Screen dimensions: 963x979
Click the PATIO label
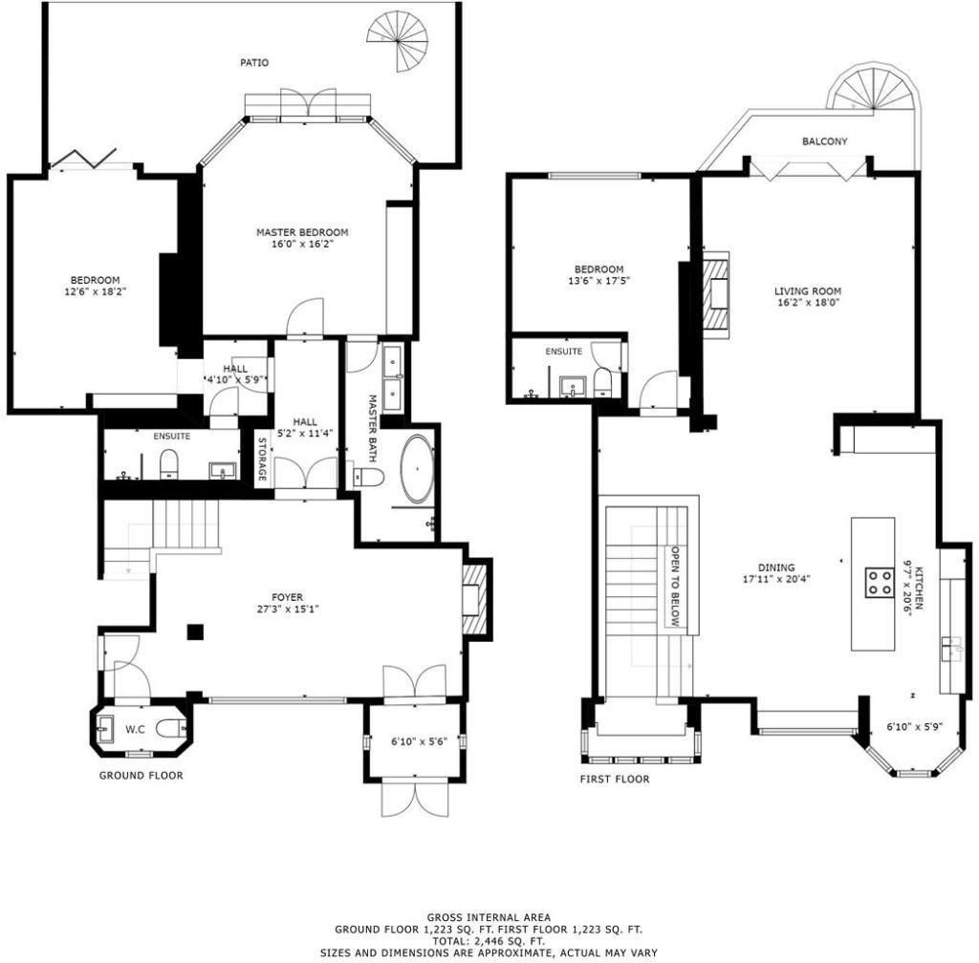tap(253, 63)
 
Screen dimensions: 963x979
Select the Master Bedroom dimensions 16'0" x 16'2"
tap(301, 244)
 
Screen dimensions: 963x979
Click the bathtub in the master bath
tap(417, 469)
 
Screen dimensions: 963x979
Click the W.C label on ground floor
tap(135, 730)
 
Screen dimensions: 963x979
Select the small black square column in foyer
tap(195, 631)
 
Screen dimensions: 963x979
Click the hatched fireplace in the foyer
tap(476, 599)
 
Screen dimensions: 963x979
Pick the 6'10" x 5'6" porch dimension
tap(414, 741)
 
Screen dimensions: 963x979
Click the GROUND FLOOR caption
tap(141, 775)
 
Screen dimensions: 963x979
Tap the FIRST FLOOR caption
tap(614, 779)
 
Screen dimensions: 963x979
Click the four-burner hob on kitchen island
tap(879, 582)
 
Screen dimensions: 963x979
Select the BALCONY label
tap(824, 141)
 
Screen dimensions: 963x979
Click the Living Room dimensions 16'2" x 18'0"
tap(807, 304)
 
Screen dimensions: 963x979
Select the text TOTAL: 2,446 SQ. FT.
tap(489, 940)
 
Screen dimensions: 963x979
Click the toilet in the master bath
tap(368, 476)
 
